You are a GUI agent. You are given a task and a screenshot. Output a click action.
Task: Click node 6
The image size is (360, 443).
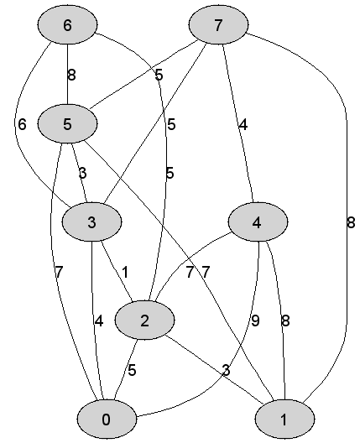[67, 24]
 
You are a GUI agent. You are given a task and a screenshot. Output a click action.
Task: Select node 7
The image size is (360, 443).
[218, 24]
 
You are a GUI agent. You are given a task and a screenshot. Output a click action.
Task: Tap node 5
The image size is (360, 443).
[67, 123]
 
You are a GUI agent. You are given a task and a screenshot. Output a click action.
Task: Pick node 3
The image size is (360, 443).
[91, 222]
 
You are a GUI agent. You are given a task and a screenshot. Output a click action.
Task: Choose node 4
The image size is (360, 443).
[258, 222]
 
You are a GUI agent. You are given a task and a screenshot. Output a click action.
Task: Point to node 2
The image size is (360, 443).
[144, 321]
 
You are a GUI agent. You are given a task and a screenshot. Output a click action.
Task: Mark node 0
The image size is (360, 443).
[107, 420]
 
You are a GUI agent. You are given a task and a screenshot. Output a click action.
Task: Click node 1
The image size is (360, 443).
[284, 420]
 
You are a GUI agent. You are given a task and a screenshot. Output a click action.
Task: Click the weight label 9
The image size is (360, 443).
[255, 321]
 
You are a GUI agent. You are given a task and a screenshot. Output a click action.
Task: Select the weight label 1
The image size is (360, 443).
[125, 272]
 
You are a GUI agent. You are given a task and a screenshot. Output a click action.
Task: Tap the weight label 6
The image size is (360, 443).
[22, 124]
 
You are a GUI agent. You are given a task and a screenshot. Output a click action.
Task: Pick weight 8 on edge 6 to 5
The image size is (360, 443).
[72, 75]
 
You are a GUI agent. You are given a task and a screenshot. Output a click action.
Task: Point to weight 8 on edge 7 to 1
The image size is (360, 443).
[351, 222]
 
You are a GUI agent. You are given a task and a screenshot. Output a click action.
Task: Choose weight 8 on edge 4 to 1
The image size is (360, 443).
[285, 321]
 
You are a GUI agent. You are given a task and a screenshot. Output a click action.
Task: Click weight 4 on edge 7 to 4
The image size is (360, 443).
[243, 124]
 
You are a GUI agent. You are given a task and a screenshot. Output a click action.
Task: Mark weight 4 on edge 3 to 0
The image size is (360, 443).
[99, 321]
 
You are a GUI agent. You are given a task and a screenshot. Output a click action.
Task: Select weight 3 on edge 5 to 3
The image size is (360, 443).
[82, 173]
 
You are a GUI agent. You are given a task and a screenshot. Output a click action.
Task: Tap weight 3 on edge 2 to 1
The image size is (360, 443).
[227, 370]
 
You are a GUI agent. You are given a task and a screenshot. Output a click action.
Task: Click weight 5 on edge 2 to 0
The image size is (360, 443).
[132, 370]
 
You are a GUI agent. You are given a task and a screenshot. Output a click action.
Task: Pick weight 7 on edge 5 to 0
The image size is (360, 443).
[59, 272]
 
